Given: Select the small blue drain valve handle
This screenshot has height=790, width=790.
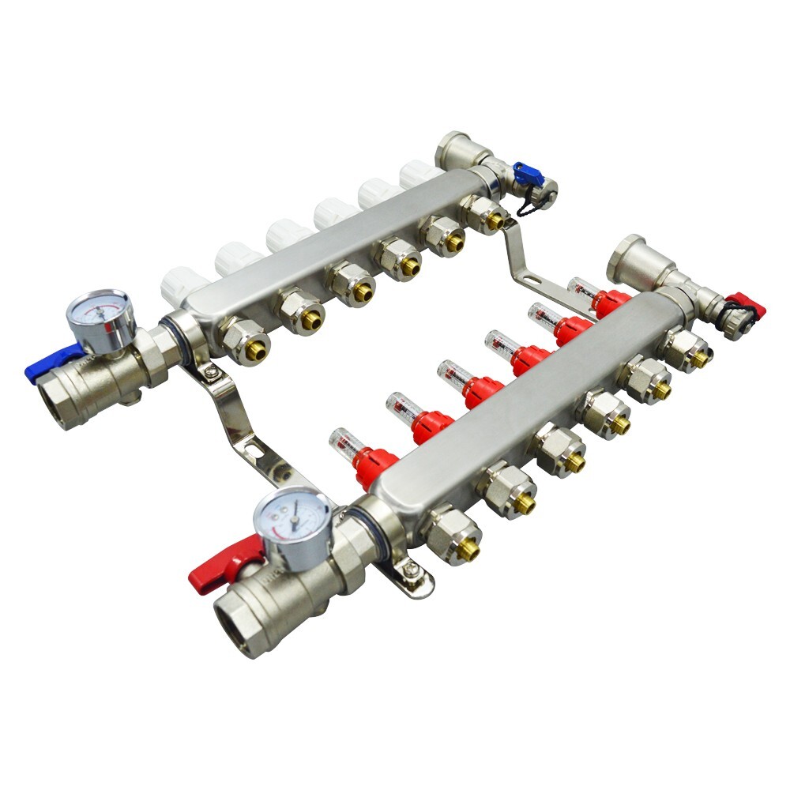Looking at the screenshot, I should (x=524, y=173).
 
